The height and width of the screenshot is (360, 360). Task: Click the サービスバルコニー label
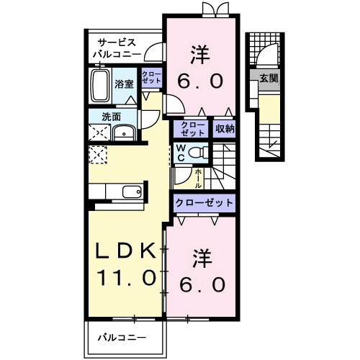pyautogui.click(x=115, y=48)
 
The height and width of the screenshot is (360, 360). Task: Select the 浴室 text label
pyautogui.click(x=124, y=84)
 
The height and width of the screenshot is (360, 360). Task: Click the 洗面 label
pyautogui.click(x=109, y=117)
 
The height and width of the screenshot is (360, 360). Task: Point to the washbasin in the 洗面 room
pyautogui.click(x=125, y=132)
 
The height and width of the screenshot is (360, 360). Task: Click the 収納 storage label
pyautogui.click(x=224, y=129)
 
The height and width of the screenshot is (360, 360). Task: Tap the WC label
pyautogui.click(x=182, y=153)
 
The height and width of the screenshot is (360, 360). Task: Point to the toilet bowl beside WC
pyautogui.click(x=199, y=153)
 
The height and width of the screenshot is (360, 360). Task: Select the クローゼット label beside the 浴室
pyautogui.click(x=151, y=78)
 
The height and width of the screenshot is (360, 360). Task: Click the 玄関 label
pyautogui.click(x=269, y=78)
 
